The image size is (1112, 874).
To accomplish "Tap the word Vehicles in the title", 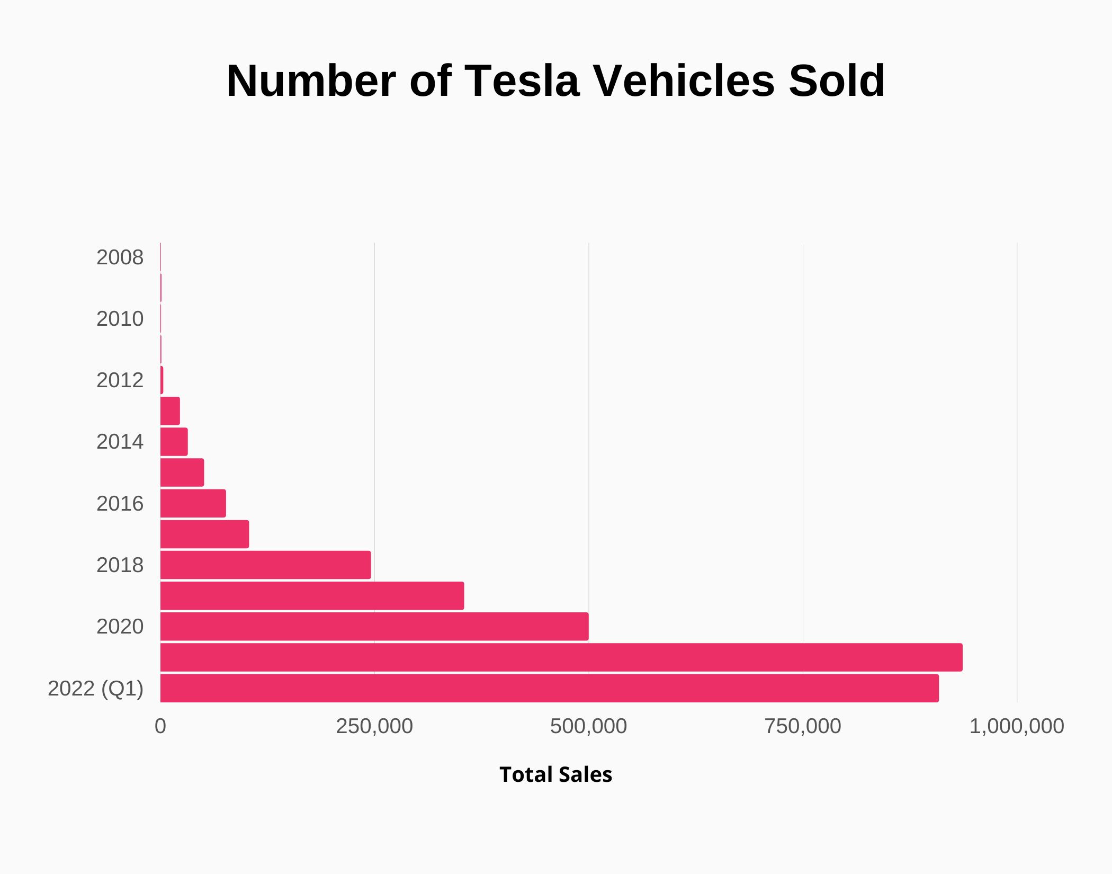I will (684, 81).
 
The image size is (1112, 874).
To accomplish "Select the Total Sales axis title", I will (555, 774).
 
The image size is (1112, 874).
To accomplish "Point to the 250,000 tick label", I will (374, 726).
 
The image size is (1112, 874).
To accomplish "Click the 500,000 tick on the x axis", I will (588, 726).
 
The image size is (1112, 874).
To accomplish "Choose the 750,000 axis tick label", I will (803, 726).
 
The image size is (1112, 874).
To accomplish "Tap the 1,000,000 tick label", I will (1016, 726).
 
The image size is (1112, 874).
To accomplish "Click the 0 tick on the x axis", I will (160, 726).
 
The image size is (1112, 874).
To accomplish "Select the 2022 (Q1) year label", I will (96, 689).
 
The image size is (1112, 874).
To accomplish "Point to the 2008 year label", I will (120, 257).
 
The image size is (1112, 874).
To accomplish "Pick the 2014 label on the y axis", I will (120, 442).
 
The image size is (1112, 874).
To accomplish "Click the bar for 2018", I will (265, 565).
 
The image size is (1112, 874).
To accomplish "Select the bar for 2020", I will (374, 627).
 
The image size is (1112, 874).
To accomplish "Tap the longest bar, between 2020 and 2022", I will (561, 657).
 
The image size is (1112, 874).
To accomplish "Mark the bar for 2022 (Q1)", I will (549, 688).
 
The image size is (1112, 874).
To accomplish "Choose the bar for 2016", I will (193, 503).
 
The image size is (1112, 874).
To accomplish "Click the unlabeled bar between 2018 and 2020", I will (312, 596).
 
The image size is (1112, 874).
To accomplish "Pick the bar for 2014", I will (174, 442).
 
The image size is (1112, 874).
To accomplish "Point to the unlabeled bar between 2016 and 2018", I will (204, 534).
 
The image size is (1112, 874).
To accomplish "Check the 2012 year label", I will (120, 380).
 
